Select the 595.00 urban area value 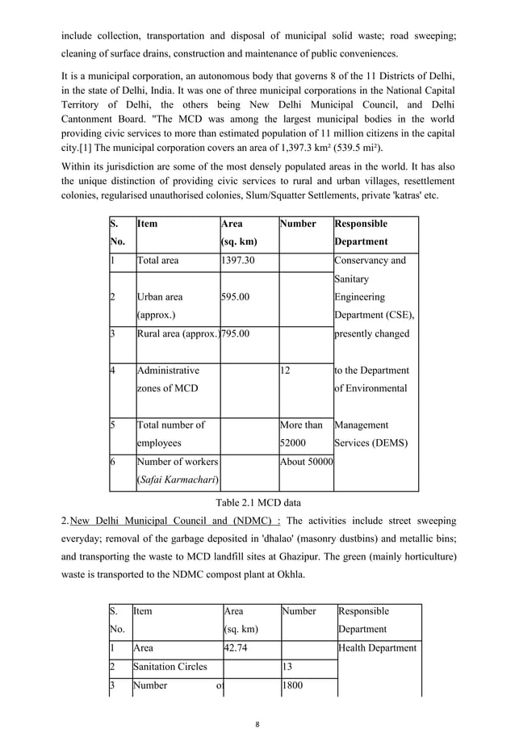235,297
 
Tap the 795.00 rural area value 236,333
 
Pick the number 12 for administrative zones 285,371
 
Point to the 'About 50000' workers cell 306,462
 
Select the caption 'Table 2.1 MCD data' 257,501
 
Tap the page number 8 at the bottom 257,701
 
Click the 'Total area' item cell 158,261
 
